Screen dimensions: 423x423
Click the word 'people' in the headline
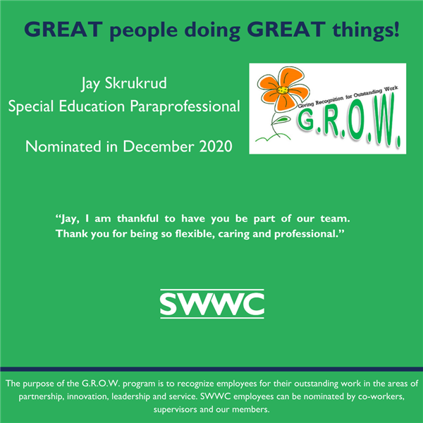click(x=144, y=30)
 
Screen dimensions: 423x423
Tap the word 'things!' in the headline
click(x=366, y=30)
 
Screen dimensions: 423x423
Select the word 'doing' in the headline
click(x=212, y=30)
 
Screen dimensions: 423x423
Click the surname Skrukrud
click(x=135, y=82)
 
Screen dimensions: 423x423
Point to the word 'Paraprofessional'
click(x=185, y=106)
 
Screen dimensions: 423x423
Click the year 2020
click(x=216, y=147)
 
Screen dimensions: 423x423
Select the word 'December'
click(x=159, y=147)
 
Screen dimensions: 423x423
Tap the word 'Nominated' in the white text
click(x=63, y=147)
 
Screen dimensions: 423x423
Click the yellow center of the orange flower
click(x=283, y=90)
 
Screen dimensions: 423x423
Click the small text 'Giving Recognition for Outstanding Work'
click(x=348, y=97)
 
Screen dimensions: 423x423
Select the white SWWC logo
click(x=212, y=304)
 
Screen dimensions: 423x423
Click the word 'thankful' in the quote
click(x=137, y=219)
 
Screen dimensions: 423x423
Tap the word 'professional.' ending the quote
click(x=309, y=234)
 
